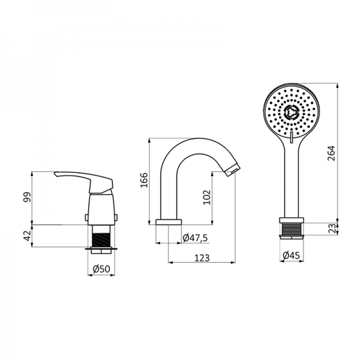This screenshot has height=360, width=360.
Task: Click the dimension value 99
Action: [27, 197]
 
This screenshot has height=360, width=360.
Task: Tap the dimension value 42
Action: [27, 236]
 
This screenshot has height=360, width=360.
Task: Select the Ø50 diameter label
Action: [102, 269]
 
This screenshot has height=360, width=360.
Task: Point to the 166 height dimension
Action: [144, 180]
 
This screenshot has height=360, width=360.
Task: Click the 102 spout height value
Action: [207, 197]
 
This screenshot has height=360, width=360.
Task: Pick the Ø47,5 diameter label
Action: [196, 238]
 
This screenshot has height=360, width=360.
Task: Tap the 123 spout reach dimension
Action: [202, 258]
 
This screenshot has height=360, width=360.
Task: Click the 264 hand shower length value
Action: [332, 153]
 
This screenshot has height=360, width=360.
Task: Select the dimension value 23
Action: [332, 229]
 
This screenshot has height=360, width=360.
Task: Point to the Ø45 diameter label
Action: [292, 255]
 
